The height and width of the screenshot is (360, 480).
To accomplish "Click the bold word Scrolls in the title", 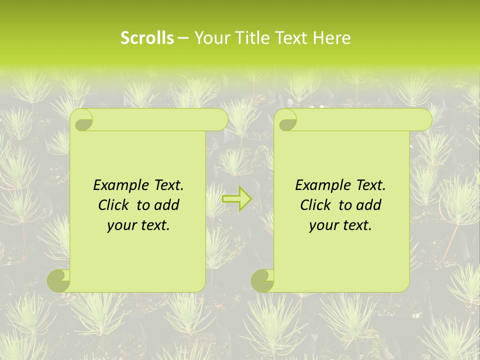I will click(x=147, y=38).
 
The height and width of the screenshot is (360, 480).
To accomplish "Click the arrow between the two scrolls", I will click(x=236, y=199).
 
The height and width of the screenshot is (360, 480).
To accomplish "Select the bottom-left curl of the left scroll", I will click(x=58, y=280).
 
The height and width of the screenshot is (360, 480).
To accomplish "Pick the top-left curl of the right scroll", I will click(x=286, y=120).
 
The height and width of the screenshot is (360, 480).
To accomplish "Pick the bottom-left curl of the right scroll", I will click(x=262, y=280).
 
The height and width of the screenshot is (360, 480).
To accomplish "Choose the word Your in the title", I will click(x=208, y=38).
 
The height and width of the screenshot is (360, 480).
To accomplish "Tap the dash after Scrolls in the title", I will click(x=183, y=38).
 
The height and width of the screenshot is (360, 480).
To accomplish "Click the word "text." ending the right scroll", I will click(x=357, y=225).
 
